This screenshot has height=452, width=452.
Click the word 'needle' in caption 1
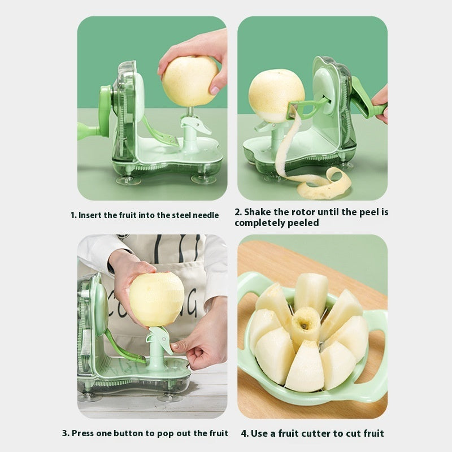point(206,215)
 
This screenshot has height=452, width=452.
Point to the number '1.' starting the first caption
point(73,215)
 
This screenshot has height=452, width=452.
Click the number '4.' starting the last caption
point(245,433)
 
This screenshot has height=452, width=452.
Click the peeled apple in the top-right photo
point(276,95)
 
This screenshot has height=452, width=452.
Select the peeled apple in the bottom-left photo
point(157,298)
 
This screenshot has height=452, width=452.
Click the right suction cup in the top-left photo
point(203,180)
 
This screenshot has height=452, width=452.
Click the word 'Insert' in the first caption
point(90,215)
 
